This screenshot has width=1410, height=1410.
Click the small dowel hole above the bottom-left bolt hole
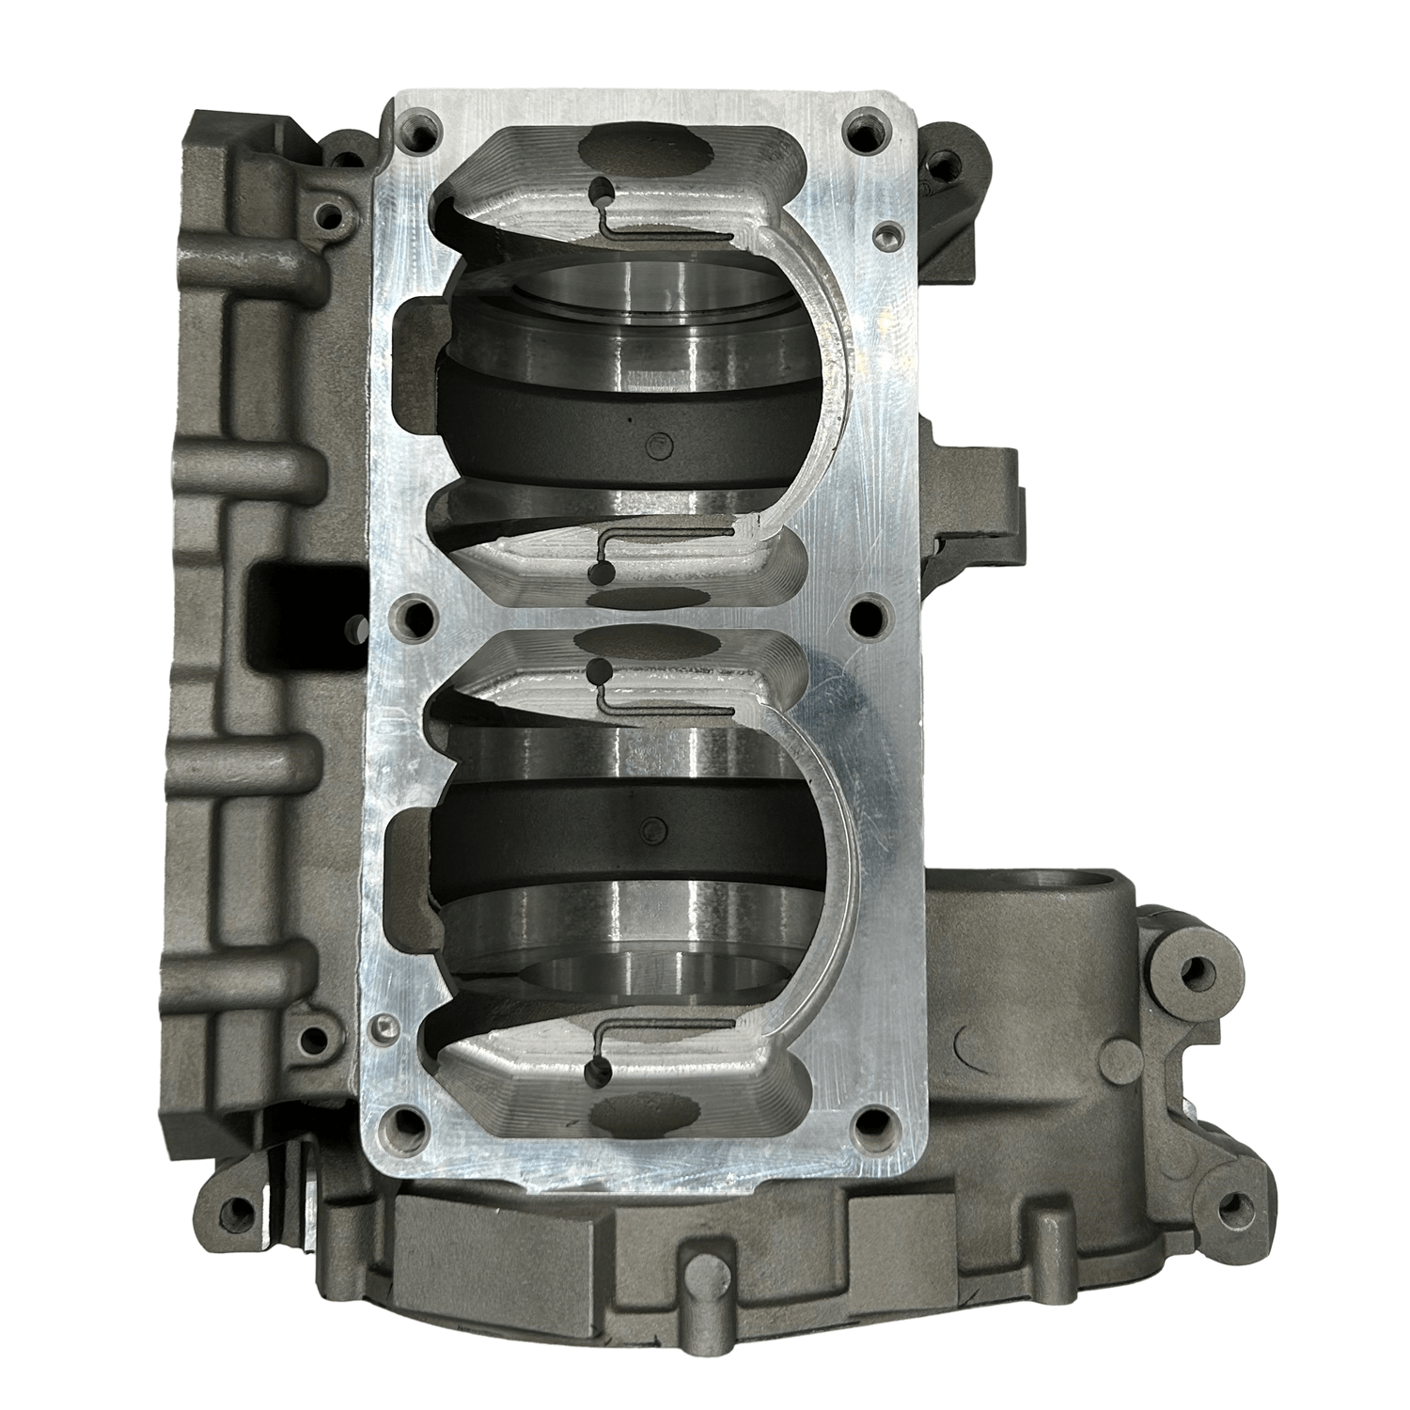(382, 1024)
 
